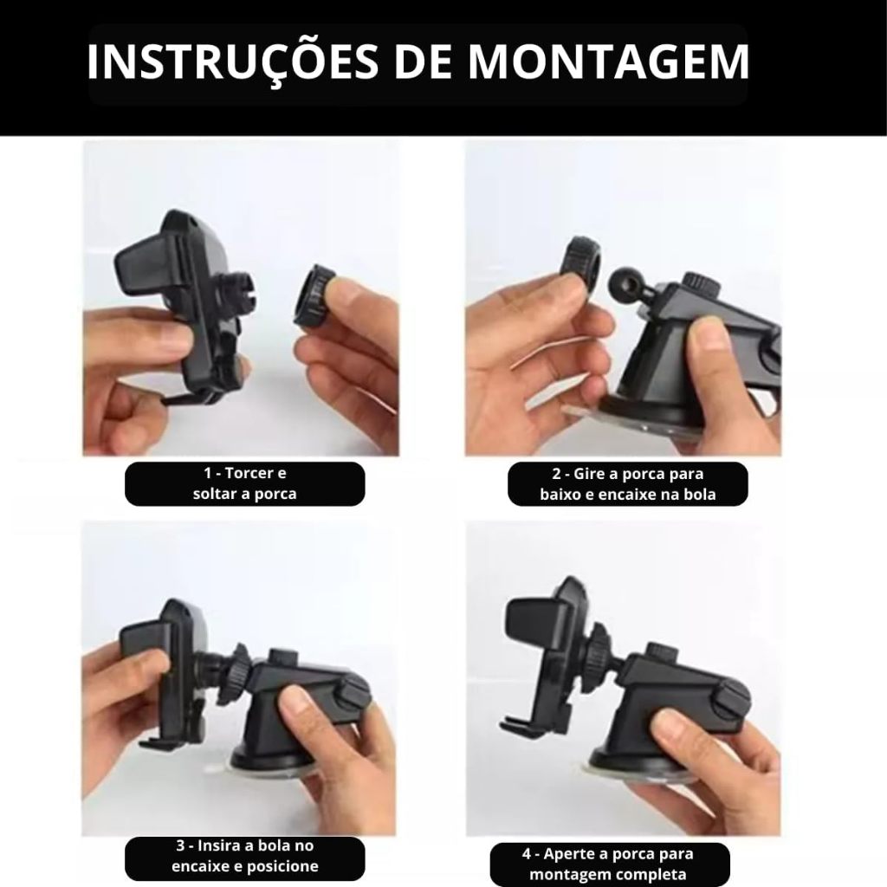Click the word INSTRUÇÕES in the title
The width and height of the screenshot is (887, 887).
pyautogui.click(x=232, y=62)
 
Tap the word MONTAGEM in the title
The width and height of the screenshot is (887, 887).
pyautogui.click(x=609, y=62)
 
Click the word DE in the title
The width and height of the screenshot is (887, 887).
pyautogui.click(x=423, y=62)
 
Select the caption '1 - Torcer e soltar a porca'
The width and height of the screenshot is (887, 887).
pyautogui.click(x=245, y=483)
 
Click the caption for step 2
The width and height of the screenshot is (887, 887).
pyautogui.click(x=628, y=484)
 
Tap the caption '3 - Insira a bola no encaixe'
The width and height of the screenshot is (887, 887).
pyautogui.click(x=245, y=856)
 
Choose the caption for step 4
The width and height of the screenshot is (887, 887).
pyautogui.click(x=611, y=864)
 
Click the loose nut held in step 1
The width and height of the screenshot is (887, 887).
pyautogui.click(x=313, y=297)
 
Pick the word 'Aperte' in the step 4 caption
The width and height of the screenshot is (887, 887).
pyautogui.click(x=571, y=853)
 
